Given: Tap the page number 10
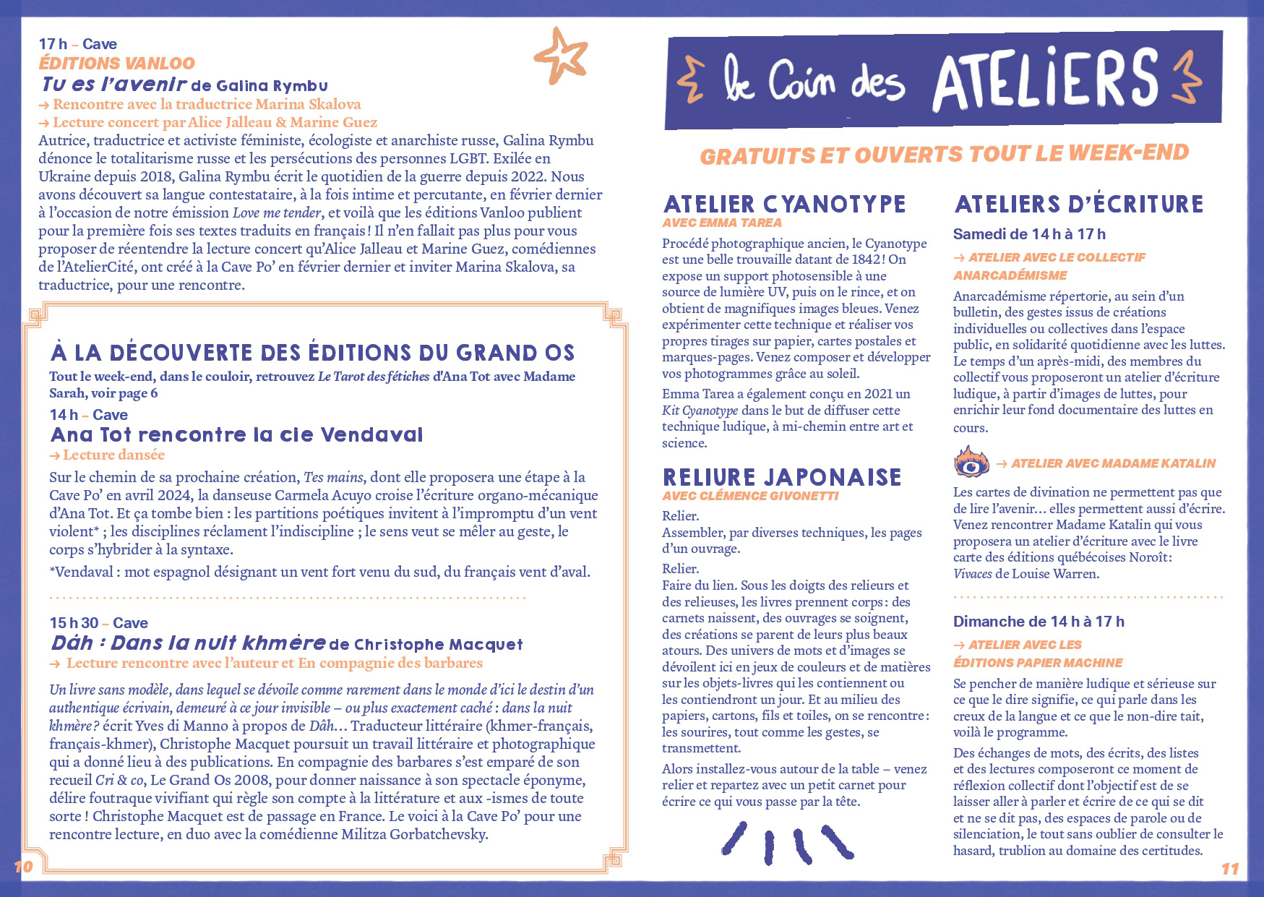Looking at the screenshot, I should pyautogui.click(x=24, y=866).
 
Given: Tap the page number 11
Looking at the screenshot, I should pyautogui.click(x=1230, y=868).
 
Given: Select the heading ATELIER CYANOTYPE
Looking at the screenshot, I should pyautogui.click(x=784, y=204).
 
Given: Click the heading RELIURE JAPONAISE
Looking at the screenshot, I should pyautogui.click(x=782, y=477).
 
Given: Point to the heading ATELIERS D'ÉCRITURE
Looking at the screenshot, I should pyautogui.click(x=1079, y=204).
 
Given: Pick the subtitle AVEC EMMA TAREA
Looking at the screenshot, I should pyautogui.click(x=722, y=223).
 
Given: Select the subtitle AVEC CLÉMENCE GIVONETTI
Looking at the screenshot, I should pyautogui.click(x=750, y=496).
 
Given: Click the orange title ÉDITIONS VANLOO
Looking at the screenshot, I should pyautogui.click(x=117, y=63).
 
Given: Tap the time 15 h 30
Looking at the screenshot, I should pyautogui.click(x=74, y=623).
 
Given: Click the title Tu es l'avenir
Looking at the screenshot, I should pyautogui.click(x=114, y=85).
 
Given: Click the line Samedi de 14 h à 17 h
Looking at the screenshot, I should pyautogui.click(x=1029, y=234).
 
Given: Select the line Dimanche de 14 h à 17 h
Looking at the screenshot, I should pyautogui.click(x=1039, y=622).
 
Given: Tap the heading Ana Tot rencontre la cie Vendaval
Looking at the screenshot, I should pyautogui.click(x=236, y=435).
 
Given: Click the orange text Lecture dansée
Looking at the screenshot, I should pyautogui.click(x=113, y=455).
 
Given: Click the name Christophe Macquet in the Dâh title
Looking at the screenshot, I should pyautogui.click(x=438, y=645).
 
